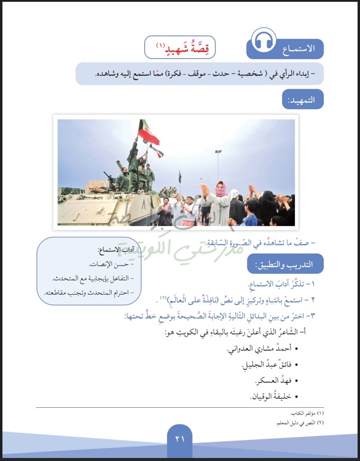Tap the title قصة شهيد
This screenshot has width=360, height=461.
tap(180, 47)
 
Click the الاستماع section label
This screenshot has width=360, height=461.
tap(301, 47)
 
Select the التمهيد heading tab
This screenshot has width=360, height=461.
tap(303, 99)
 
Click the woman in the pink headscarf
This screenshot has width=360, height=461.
tap(221, 193)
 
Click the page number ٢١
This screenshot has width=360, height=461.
tap(180, 438)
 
